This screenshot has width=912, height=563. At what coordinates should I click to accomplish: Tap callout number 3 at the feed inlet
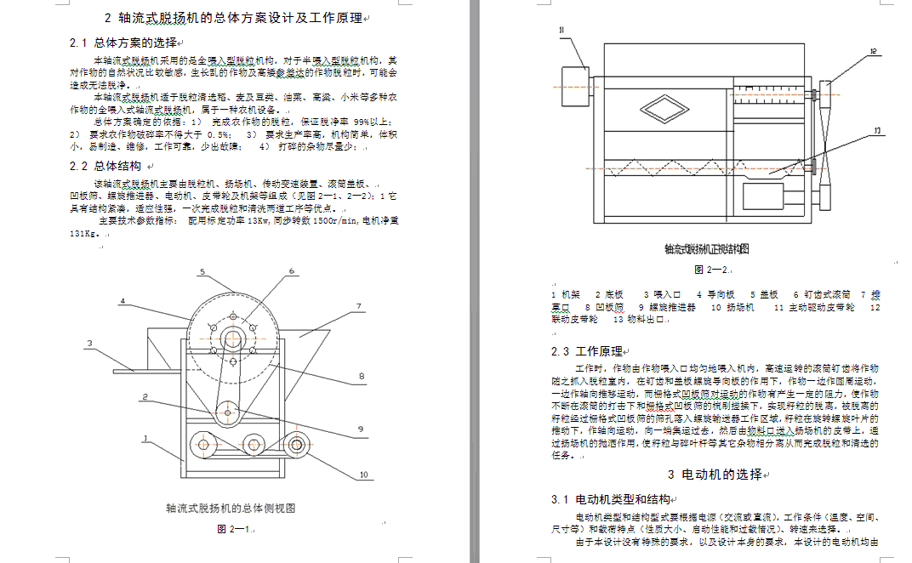tap(88, 344)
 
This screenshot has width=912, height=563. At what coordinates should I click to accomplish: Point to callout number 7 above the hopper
tap(359, 306)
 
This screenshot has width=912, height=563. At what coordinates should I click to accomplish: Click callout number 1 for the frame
tap(145, 439)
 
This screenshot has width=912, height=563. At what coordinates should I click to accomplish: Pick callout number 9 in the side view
tap(362, 429)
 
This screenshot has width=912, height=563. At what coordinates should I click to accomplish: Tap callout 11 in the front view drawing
tap(562, 31)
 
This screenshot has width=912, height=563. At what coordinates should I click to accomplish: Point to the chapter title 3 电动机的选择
tap(715, 475)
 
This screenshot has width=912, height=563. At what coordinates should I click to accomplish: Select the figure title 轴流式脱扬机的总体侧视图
tap(231, 509)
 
